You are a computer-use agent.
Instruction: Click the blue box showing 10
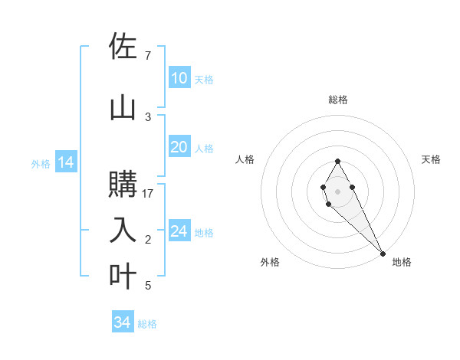(179, 78)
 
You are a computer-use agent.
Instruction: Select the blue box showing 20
(179, 147)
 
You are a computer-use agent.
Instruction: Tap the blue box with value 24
(179, 231)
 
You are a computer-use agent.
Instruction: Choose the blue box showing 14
(65, 162)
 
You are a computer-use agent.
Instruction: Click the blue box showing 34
(123, 322)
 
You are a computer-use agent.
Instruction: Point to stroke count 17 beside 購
(149, 194)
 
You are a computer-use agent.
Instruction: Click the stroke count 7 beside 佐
(147, 56)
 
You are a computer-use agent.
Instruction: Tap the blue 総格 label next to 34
(147, 324)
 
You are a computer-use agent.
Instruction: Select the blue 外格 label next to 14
(41, 163)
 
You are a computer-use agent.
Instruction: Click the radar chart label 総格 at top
(338, 100)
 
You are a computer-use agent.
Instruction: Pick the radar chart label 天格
(431, 159)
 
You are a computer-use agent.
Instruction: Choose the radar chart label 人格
(245, 159)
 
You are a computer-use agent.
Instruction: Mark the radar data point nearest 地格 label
(383, 253)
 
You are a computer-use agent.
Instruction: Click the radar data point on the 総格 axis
(337, 161)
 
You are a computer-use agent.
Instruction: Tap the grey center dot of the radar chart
(337, 190)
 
